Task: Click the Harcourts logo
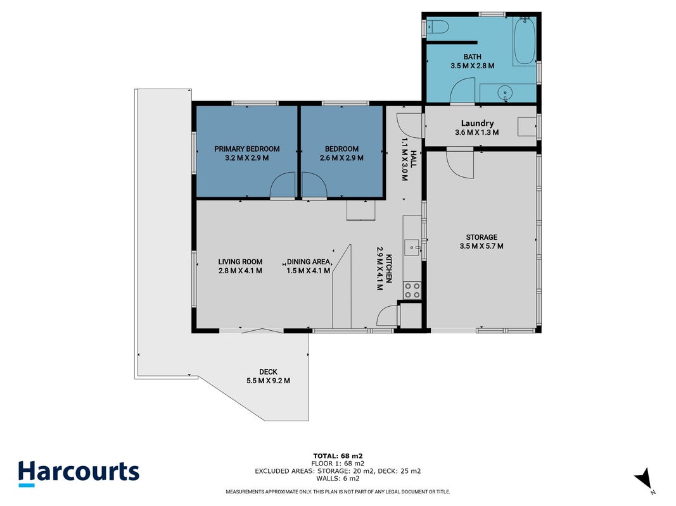coord(79,473)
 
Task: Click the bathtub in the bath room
coord(525,41)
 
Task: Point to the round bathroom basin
coord(505,92)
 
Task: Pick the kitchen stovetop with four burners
coord(412,290)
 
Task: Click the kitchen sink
coord(412,247)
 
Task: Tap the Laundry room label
coord(477,123)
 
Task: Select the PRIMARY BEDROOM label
coord(247,149)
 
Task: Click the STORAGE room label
coord(481,237)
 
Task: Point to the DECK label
coord(268,372)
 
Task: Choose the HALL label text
coord(414,159)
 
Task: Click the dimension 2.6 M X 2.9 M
coord(341,158)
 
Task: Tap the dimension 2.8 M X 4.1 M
coord(240,271)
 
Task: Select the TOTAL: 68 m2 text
coord(338,455)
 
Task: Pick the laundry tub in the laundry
coord(527,126)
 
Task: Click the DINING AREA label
coord(309,262)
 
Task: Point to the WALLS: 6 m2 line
coord(338,478)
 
